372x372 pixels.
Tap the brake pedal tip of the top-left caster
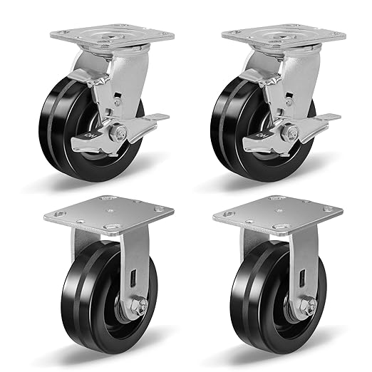[160, 118]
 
